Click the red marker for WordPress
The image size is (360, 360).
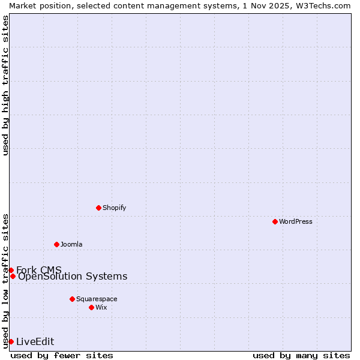(x=275, y=221)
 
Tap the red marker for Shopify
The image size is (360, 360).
(x=98, y=208)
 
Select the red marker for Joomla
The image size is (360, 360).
(x=56, y=244)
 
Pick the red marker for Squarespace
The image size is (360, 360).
(x=72, y=299)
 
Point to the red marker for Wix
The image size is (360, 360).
(x=91, y=307)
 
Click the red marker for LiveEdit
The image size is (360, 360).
(x=11, y=341)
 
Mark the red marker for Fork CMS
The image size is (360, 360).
(x=11, y=270)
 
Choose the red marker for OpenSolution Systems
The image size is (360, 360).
(x=13, y=276)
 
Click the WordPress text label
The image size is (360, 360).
(x=296, y=221)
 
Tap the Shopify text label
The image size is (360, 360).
(x=114, y=208)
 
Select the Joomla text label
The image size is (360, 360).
(x=71, y=244)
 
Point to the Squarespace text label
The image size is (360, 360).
(x=97, y=299)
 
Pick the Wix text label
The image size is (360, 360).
(x=101, y=307)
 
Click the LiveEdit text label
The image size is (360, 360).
(x=35, y=341)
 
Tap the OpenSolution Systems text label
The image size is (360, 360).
(x=73, y=276)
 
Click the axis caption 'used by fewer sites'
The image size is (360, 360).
(x=62, y=355)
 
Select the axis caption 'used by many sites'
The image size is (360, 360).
(x=301, y=355)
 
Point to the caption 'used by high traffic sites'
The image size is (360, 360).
(x=5, y=85)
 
